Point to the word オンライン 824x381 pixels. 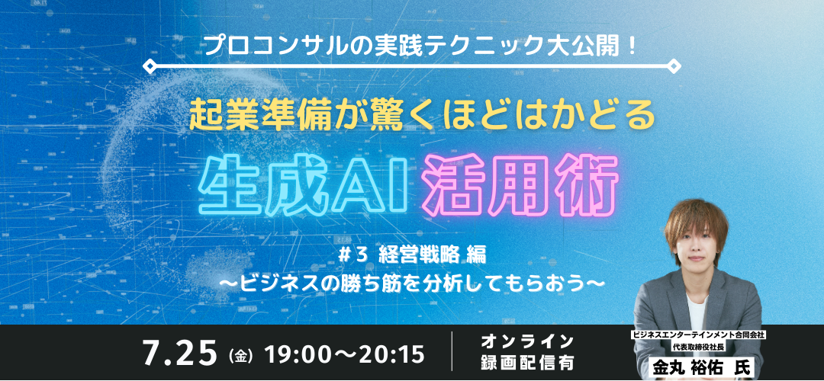coord(527,342)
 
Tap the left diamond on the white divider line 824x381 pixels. coord(150,66)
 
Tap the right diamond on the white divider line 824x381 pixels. coord(674,66)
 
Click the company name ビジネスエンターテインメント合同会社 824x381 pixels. coord(696,335)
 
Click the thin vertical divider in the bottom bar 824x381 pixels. coord(452,351)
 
